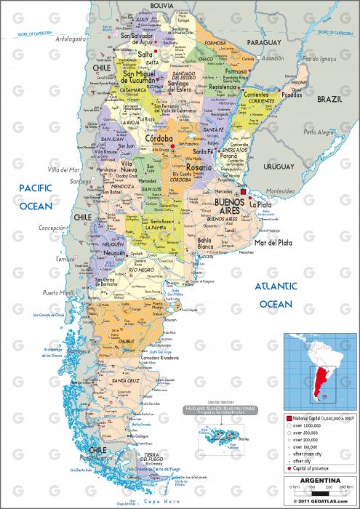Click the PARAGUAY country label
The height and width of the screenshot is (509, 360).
click(263, 43)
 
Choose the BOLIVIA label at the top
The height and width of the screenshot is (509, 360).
click(162, 5)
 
